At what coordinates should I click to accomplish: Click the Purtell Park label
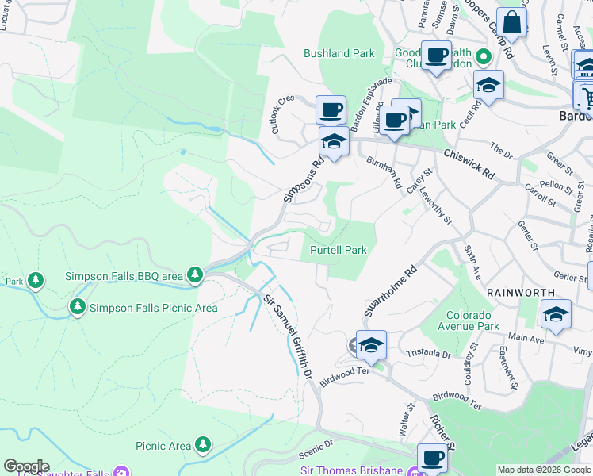click(338, 250)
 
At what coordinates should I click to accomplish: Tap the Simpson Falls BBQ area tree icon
click(195, 275)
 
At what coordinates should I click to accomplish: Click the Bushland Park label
click(339, 54)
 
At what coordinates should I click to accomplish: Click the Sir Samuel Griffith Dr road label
click(285, 333)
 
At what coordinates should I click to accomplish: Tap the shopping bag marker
click(511, 24)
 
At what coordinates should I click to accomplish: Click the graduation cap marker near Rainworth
click(556, 314)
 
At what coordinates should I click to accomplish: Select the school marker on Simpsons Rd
click(334, 143)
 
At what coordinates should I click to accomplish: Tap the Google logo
click(26, 466)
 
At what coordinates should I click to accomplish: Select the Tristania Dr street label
click(427, 353)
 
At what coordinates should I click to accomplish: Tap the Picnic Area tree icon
click(204, 445)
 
